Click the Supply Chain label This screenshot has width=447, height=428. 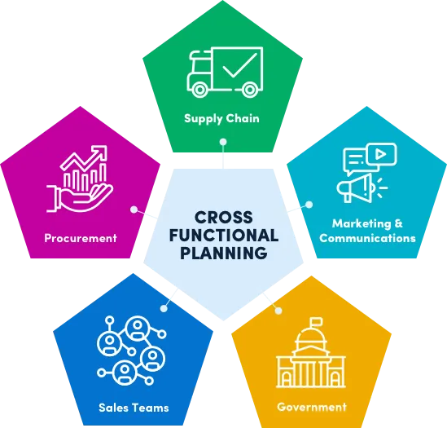(221, 118)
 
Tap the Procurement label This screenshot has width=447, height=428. (81, 238)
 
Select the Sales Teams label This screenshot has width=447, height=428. (134, 408)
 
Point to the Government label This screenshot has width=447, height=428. (312, 407)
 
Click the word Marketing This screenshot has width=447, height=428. (362, 223)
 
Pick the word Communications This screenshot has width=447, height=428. (367, 238)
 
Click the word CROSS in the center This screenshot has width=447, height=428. (224, 218)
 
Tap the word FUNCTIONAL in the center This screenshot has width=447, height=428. (224, 236)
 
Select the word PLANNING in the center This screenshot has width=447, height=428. (224, 253)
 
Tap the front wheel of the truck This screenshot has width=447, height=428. (199, 90)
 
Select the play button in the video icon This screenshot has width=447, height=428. (380, 154)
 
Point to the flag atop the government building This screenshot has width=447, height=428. (316, 321)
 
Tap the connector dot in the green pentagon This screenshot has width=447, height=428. (223, 142)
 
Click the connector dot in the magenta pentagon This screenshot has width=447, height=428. (134, 210)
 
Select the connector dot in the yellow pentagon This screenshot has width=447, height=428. (278, 311)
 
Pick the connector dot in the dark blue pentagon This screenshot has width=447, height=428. (164, 308)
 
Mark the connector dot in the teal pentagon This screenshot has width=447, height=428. (309, 205)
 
